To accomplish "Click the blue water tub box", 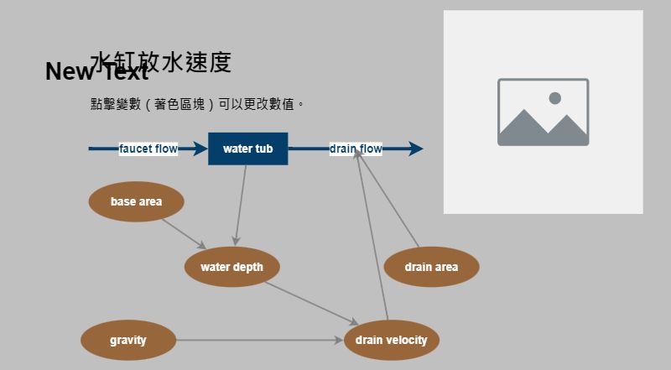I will [x=247, y=149].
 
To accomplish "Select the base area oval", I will [x=136, y=201].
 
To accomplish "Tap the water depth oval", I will [x=231, y=268].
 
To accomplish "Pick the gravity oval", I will [x=127, y=341].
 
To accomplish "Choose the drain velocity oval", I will [x=391, y=341].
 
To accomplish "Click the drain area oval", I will [x=431, y=268].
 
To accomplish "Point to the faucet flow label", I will [x=148, y=149].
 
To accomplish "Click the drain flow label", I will [x=356, y=149].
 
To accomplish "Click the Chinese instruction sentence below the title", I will [x=197, y=105].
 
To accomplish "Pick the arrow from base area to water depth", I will [x=183, y=233].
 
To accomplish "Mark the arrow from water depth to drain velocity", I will [x=310, y=303].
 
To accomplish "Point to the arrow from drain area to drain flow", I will [x=390, y=201].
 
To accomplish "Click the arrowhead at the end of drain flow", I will [x=415, y=149].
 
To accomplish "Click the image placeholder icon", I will [x=543, y=112].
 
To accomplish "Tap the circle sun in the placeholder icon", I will [x=554, y=98].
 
